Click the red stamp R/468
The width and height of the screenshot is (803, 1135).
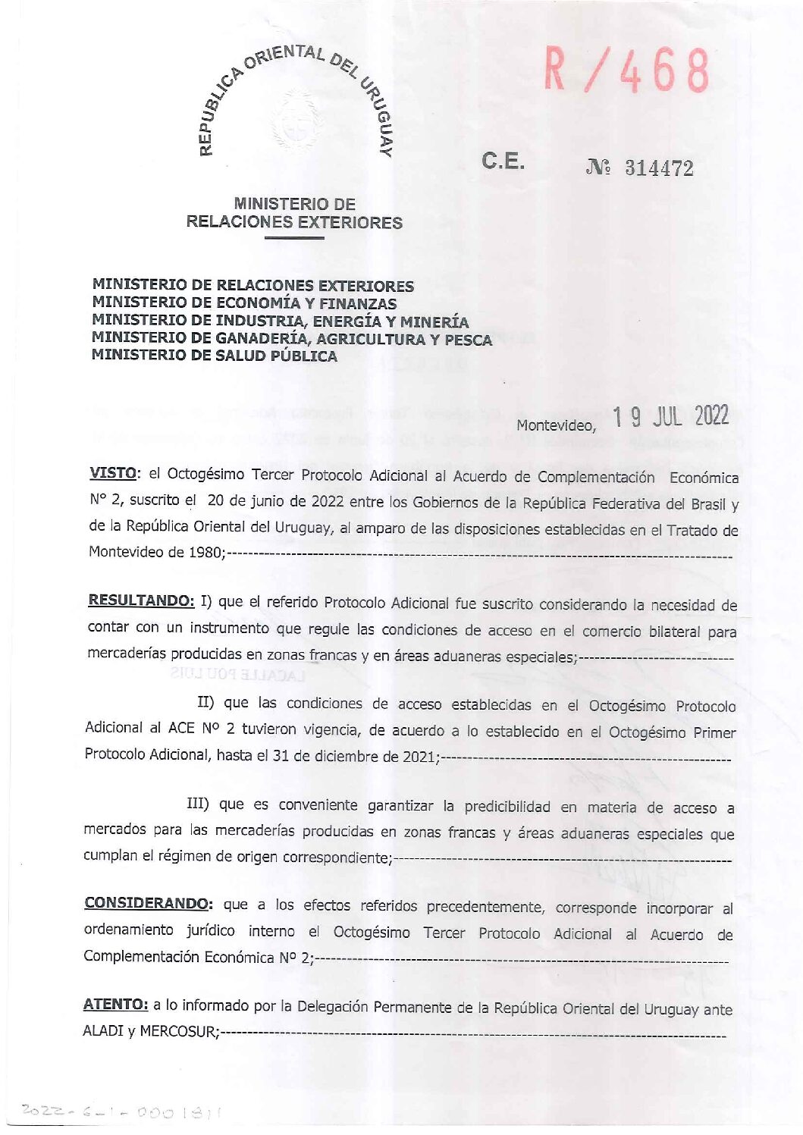click(626, 71)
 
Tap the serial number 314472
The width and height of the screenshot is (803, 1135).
click(658, 168)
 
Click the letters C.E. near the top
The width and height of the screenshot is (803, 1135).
click(502, 161)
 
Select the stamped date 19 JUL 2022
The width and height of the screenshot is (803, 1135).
click(670, 417)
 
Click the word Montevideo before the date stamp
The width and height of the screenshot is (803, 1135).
click(556, 425)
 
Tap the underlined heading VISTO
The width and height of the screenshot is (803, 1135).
click(113, 473)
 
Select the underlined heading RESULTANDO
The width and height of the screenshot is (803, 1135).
click(141, 600)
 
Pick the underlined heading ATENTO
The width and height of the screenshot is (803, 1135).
click(115, 1005)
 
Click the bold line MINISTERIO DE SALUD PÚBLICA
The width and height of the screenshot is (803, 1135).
click(214, 356)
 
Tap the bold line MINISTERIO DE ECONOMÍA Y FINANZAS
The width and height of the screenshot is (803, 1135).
click(244, 303)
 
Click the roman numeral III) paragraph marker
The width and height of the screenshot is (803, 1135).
click(198, 804)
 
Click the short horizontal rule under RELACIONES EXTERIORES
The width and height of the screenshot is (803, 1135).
click(293, 239)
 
